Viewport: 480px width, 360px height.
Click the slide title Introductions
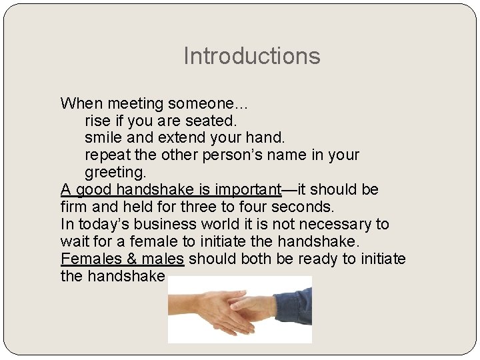click(251, 56)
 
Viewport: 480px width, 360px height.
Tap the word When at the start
click(78, 104)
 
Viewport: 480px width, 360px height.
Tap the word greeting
click(115, 173)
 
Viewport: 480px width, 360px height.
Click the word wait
click(73, 242)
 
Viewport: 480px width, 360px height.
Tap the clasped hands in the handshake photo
click(237, 310)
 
